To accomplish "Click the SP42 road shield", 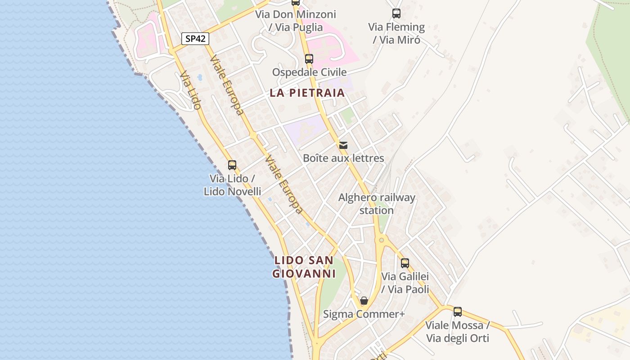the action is (195, 39).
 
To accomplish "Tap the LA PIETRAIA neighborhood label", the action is (307, 93).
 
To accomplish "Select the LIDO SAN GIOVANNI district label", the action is (304, 267).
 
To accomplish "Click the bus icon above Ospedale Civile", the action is (309, 59).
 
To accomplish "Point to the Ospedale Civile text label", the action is (309, 72).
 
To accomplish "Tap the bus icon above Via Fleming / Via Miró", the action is (396, 13).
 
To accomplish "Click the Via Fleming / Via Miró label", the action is (396, 33).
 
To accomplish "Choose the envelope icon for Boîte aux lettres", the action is (343, 145).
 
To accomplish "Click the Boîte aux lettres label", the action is (343, 158).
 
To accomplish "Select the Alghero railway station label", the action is (377, 204).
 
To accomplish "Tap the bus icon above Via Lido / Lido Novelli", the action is (232, 165).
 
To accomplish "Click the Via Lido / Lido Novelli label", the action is (232, 185).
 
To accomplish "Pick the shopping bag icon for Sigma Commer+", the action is (364, 301).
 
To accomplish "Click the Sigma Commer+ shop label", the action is (364, 314).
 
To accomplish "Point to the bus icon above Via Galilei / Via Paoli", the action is (405, 263).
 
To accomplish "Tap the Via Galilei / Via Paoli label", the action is (405, 283).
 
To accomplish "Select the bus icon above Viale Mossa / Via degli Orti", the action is (457, 311).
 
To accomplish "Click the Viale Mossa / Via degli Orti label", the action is (457, 332).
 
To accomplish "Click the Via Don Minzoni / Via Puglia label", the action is (296, 21).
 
